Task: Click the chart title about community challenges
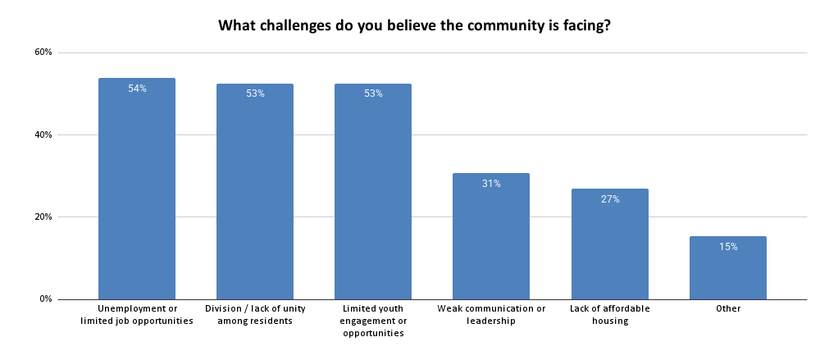pos(414,25)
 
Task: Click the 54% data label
pos(137,89)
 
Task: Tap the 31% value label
pos(491,184)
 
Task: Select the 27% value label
pos(609,199)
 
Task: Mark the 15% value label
pos(727,247)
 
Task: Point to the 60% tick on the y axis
pos(43,52)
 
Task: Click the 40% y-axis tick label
pos(43,134)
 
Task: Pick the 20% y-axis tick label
pos(43,217)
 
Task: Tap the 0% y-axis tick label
pos(45,299)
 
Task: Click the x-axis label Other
pos(727,309)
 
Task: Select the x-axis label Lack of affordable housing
pos(609,315)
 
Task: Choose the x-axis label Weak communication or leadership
pos(491,315)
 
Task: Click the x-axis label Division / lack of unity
pos(255,315)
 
